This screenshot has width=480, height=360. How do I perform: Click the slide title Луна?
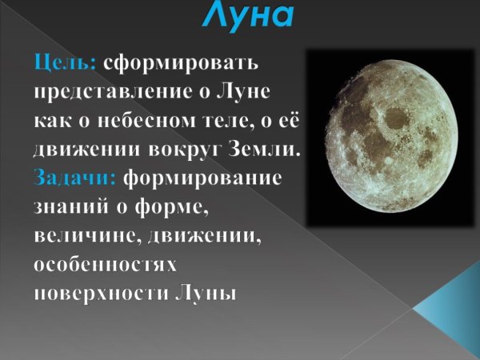point(247,14)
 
